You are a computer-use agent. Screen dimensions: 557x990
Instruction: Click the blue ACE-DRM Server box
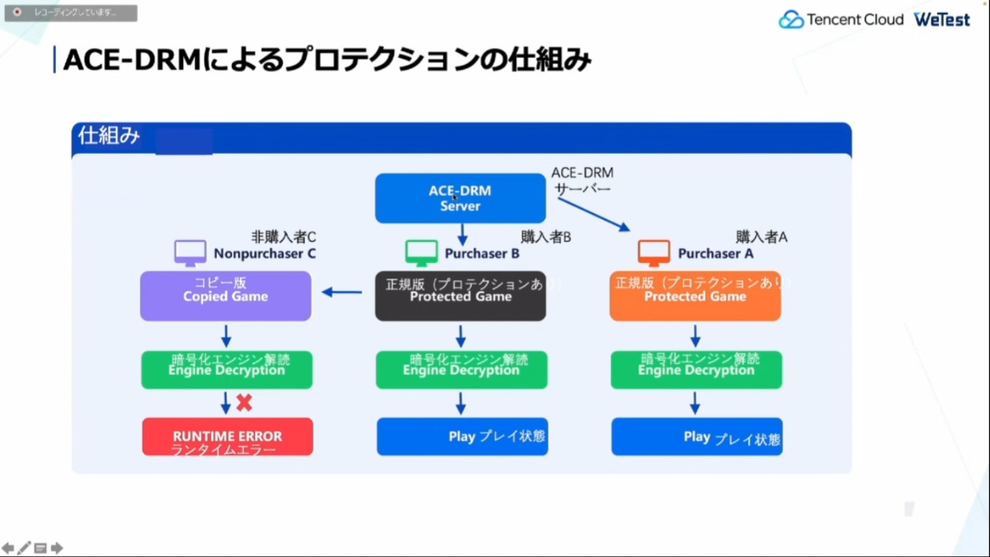pyautogui.click(x=460, y=198)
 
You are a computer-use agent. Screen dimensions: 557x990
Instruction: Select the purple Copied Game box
pyautogui.click(x=226, y=296)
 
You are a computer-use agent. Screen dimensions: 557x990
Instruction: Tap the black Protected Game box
pyautogui.click(x=460, y=296)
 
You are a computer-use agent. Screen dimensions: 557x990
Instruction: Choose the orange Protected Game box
pyautogui.click(x=695, y=296)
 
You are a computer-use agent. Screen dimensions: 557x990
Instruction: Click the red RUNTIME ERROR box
pyautogui.click(x=227, y=437)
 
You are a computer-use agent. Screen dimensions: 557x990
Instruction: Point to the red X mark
pyautogui.click(x=244, y=403)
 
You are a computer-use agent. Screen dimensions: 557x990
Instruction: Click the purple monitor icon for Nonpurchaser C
pyautogui.click(x=190, y=253)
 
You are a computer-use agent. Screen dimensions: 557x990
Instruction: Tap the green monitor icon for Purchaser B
pyautogui.click(x=422, y=253)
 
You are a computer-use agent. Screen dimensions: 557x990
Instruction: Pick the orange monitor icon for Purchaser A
pyautogui.click(x=654, y=253)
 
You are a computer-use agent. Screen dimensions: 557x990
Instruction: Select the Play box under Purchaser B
pyautogui.click(x=462, y=437)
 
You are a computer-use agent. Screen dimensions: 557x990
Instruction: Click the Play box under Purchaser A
pyautogui.click(x=696, y=437)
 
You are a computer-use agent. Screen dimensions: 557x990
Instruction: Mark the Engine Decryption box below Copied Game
pyautogui.click(x=226, y=370)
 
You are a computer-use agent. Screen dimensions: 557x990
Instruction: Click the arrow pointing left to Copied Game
pyautogui.click(x=342, y=292)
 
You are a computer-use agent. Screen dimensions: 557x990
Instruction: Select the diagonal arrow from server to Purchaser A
pyautogui.click(x=593, y=214)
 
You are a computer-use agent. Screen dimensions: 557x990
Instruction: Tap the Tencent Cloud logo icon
pyautogui.click(x=791, y=20)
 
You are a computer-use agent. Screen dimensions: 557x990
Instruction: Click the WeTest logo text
pyautogui.click(x=942, y=20)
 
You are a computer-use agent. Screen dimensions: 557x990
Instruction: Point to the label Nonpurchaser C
pyautogui.click(x=264, y=254)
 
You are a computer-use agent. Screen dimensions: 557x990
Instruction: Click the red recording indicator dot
pyautogui.click(x=18, y=13)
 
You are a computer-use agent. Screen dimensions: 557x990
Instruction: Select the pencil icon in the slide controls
pyautogui.click(x=24, y=548)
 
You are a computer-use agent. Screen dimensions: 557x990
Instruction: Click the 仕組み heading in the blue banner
pyautogui.click(x=109, y=136)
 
